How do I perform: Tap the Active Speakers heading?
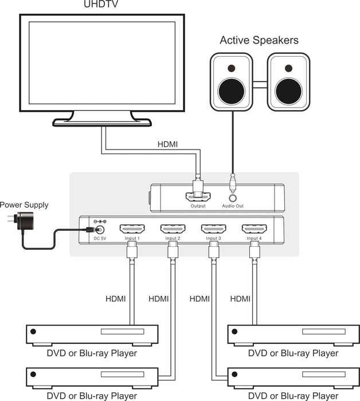[259, 41]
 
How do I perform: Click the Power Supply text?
[24, 205]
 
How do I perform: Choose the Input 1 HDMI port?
[131, 229]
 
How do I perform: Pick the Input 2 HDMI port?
[172, 229]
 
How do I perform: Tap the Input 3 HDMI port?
[213, 229]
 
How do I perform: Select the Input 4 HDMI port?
[253, 229]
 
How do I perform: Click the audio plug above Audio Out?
[233, 182]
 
